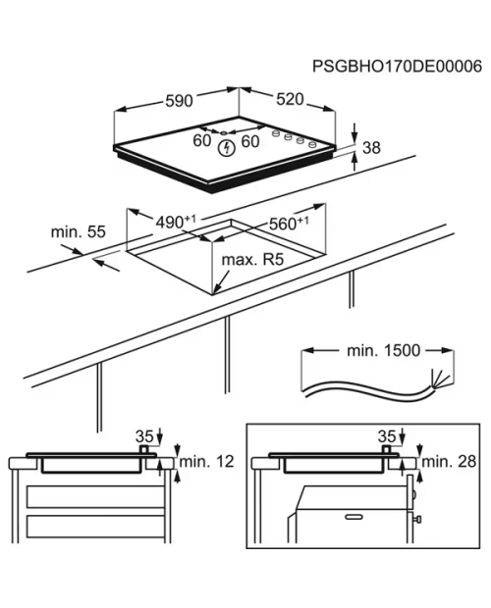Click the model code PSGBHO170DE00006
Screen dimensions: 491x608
coord(397,67)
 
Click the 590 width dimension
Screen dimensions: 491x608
coord(179,101)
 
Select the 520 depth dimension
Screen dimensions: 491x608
coord(290,99)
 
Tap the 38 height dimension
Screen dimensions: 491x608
coord(371,148)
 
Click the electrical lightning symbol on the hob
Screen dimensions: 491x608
coord(226,148)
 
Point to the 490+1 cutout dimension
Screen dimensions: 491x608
coord(176,222)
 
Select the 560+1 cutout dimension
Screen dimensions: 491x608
coord(289,224)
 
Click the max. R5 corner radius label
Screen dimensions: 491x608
coord(252,260)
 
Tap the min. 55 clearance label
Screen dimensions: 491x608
coord(78,231)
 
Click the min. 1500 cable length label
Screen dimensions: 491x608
coord(384,350)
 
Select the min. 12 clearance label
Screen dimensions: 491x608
coord(207,462)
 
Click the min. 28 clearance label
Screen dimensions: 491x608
coord(449,462)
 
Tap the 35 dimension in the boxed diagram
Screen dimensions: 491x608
coord(387,436)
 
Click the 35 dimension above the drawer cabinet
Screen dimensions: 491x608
coord(144,436)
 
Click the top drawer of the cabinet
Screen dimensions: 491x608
coord(95,497)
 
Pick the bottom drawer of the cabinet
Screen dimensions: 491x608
coord(95,527)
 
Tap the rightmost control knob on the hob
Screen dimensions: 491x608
coord(311,145)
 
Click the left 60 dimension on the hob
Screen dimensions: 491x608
coord(202,140)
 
